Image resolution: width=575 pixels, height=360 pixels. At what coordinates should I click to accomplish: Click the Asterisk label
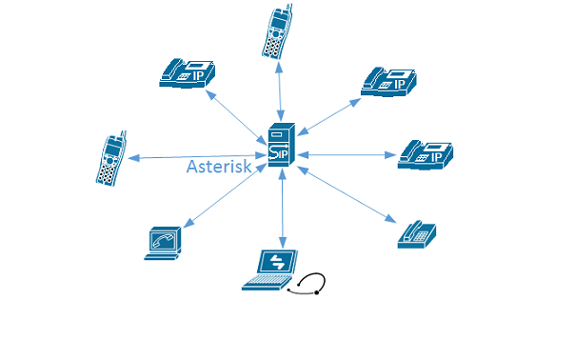[219, 167]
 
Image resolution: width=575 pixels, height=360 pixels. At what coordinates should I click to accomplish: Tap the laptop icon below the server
[270, 270]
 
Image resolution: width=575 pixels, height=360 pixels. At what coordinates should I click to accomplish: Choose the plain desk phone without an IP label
[416, 234]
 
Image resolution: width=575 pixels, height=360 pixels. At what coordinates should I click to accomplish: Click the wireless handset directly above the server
[276, 30]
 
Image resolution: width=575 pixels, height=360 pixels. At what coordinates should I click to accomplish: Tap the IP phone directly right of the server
[426, 154]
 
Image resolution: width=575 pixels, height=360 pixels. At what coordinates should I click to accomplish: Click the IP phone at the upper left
[187, 72]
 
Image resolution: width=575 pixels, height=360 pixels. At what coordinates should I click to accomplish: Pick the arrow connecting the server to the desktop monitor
[224, 196]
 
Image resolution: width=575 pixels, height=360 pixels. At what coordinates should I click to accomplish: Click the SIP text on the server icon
[280, 153]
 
